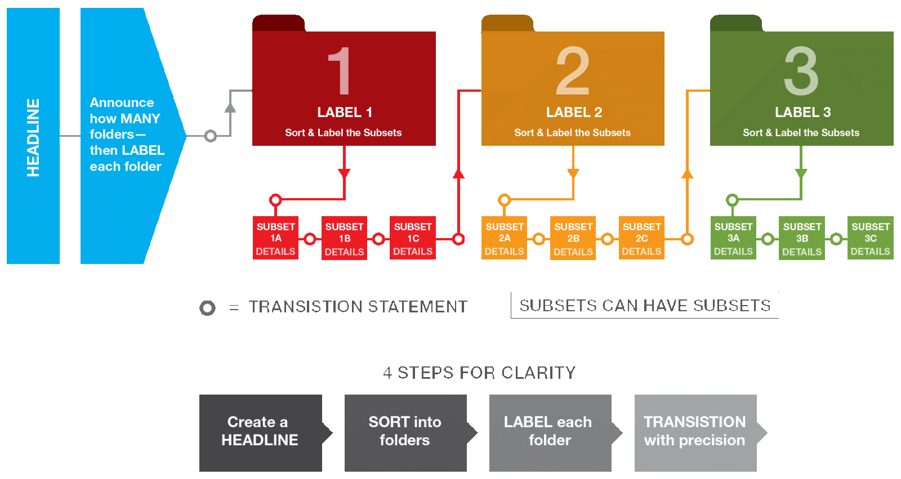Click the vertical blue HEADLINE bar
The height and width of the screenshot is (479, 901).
(33, 136)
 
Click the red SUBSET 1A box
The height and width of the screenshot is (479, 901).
(275, 238)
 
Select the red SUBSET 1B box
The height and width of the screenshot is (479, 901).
(344, 238)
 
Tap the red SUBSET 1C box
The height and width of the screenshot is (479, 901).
(413, 238)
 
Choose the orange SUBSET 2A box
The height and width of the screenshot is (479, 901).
(504, 238)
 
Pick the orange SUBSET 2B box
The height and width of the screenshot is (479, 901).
(573, 238)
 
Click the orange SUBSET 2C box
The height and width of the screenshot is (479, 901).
(641, 238)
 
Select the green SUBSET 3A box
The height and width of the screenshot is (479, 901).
(733, 238)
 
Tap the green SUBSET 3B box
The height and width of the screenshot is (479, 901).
(802, 238)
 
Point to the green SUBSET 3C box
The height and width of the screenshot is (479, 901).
(870, 238)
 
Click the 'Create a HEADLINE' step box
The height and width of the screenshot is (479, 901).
(260, 432)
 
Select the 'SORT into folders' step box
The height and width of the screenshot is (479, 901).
(405, 432)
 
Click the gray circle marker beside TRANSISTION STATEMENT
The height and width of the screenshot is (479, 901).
(208, 308)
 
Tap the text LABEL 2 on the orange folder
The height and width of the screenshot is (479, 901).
(574, 113)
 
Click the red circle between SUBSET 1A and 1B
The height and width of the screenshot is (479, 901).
(310, 239)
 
